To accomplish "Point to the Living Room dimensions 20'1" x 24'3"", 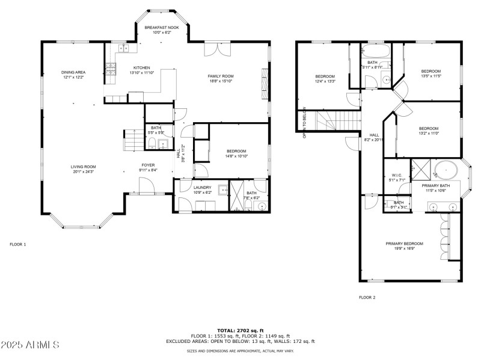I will point(84,171).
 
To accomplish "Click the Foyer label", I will point(148,165).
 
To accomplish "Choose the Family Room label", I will point(221,76).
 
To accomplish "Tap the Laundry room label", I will point(202,188).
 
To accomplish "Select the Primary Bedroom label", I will point(404,244).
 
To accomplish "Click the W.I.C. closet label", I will point(397,175).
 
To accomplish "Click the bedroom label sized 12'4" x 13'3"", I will point(325,76).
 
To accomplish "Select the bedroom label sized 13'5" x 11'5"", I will point(430,71).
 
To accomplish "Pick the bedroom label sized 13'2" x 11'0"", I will point(428,128).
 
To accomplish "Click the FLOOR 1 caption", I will point(18,244).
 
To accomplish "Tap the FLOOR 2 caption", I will point(367,297).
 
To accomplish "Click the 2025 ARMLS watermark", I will point(30,345).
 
